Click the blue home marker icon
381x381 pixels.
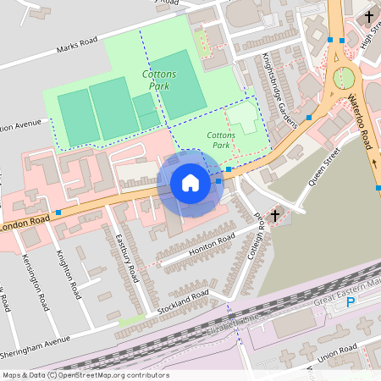190,183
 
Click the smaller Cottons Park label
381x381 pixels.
221,140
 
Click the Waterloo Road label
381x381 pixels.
359,124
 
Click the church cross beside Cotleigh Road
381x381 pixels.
275,216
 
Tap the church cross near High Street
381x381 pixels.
368,16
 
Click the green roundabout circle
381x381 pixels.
345,79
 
